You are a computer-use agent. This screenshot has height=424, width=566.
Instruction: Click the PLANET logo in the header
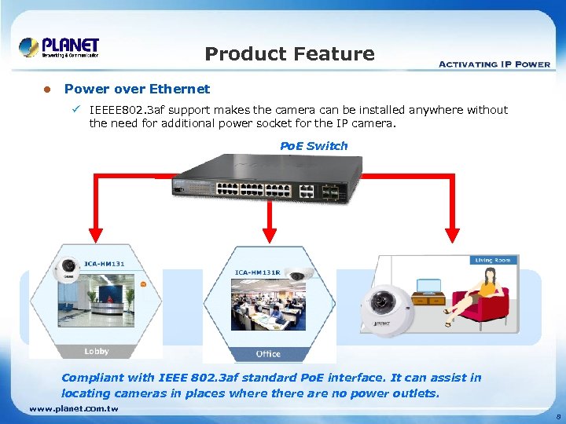[x=60, y=48]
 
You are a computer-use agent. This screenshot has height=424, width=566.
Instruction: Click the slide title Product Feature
[x=289, y=54]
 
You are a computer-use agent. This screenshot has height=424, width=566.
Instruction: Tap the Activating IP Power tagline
[x=494, y=64]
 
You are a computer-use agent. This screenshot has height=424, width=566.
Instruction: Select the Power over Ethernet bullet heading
[x=137, y=89]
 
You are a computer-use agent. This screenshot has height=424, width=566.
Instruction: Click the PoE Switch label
[x=314, y=146]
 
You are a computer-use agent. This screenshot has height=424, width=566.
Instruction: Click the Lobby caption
[x=96, y=351]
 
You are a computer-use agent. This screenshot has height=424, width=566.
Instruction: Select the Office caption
[x=268, y=354]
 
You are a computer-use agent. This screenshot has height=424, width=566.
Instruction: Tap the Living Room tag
[x=492, y=260]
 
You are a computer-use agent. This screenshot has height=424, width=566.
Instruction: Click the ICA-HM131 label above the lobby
[x=103, y=264]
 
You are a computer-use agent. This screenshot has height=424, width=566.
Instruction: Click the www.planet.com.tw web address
[x=73, y=408]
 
